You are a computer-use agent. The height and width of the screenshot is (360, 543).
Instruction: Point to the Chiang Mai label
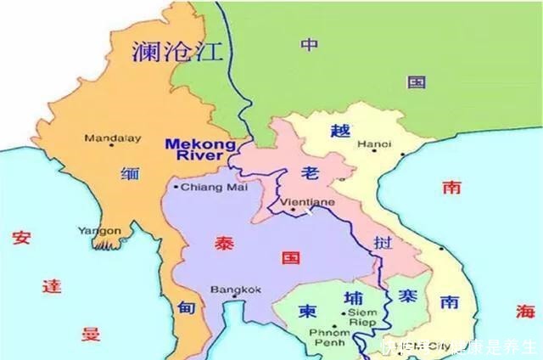tap(201, 187)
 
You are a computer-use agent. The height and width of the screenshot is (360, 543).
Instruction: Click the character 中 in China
tap(309, 46)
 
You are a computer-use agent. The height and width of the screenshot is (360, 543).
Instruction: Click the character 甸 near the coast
tap(186, 307)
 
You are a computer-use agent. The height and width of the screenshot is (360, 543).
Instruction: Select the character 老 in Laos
tap(310, 173)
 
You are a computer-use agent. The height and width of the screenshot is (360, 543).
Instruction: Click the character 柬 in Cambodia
tap(306, 311)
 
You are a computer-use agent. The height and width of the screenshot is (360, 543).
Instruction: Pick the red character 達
tap(52, 284)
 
